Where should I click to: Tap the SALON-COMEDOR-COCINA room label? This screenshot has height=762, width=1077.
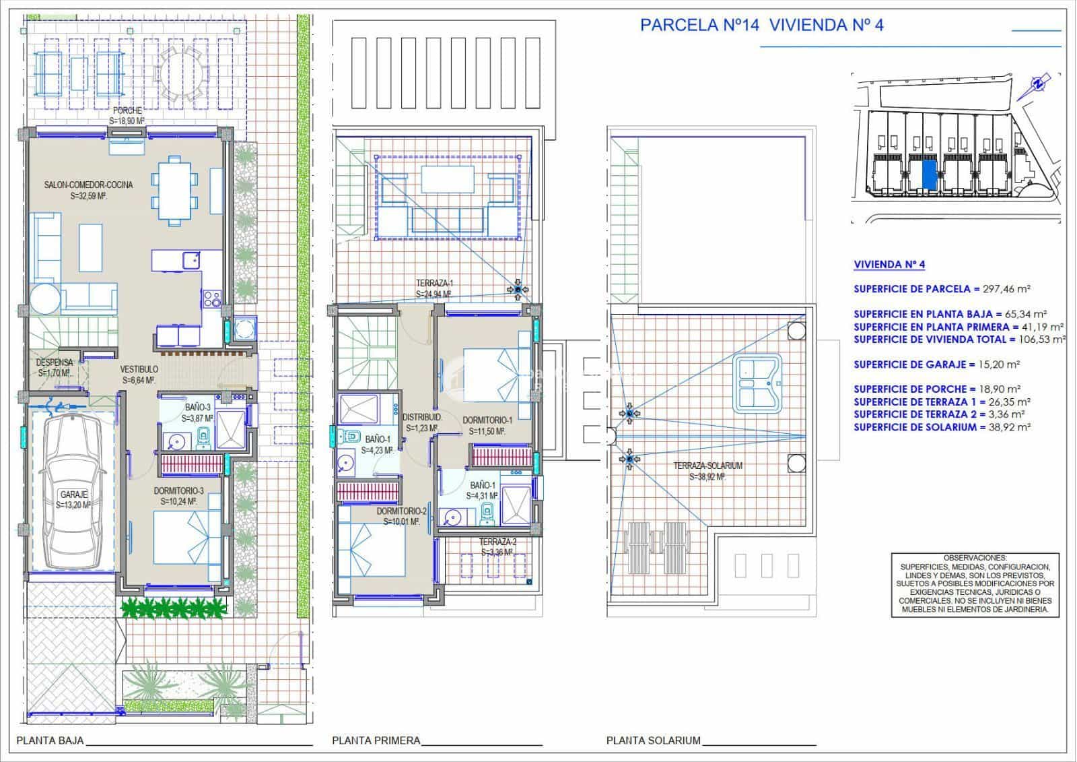point(88,185)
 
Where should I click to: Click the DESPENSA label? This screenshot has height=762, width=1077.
point(55,362)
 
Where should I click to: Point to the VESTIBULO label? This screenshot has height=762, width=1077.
point(139,369)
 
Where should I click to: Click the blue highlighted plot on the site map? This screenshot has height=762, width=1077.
point(929,173)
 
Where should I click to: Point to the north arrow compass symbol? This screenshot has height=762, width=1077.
point(1039,84)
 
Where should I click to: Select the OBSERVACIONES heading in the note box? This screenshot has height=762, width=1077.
point(975,558)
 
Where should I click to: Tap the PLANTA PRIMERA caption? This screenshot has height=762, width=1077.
point(376,740)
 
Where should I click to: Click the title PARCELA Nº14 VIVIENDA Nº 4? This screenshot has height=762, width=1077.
point(761,25)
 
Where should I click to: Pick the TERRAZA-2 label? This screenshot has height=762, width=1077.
point(498,542)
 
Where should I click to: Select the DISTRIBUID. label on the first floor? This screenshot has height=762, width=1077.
point(421,418)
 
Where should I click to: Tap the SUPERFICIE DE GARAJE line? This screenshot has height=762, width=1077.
point(936,364)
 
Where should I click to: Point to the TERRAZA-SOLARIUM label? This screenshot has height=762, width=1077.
point(707,466)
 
